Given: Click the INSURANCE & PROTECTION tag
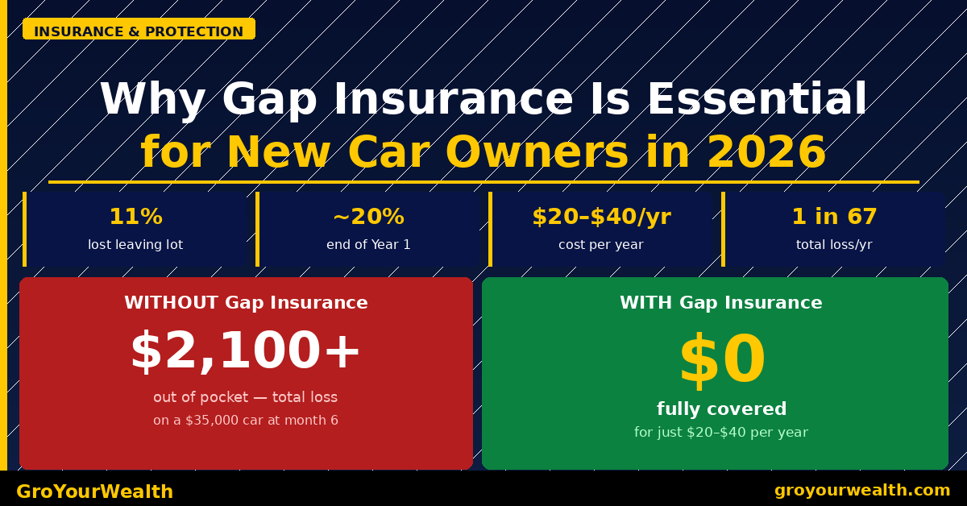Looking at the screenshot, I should (x=139, y=31).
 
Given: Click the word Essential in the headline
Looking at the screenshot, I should (x=757, y=101).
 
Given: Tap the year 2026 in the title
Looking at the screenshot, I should (x=766, y=153).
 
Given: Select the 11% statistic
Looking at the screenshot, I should (x=135, y=218).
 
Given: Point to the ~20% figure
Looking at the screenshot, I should (x=368, y=218).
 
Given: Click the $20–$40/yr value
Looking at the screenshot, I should (x=601, y=218).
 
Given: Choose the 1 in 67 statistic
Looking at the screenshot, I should (x=834, y=218).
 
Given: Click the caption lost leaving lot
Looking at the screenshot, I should (x=135, y=245).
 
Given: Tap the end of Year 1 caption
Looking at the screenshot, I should (x=368, y=245).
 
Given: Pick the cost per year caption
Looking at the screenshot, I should (x=601, y=245).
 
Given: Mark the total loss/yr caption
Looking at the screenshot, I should (x=834, y=245).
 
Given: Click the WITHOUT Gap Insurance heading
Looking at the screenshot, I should (x=246, y=304).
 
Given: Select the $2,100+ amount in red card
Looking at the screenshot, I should (x=246, y=352).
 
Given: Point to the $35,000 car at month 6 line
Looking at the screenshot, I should (x=246, y=421).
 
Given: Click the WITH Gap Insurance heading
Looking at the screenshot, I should (x=721, y=304).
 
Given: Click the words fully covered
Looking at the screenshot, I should (x=721, y=409).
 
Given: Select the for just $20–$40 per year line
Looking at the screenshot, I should (x=721, y=433).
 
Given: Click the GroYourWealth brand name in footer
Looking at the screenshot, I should (x=95, y=491).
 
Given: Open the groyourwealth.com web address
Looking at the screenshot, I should (x=862, y=491).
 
